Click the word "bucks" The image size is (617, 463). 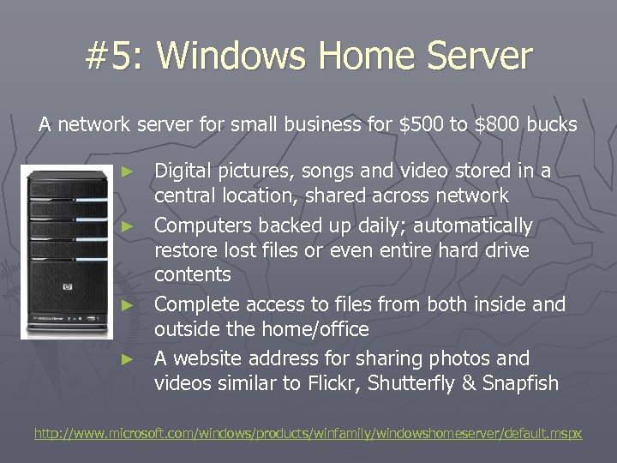[x=552, y=124]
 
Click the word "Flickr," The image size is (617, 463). [x=331, y=383]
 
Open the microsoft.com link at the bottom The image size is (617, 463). [x=308, y=434]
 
